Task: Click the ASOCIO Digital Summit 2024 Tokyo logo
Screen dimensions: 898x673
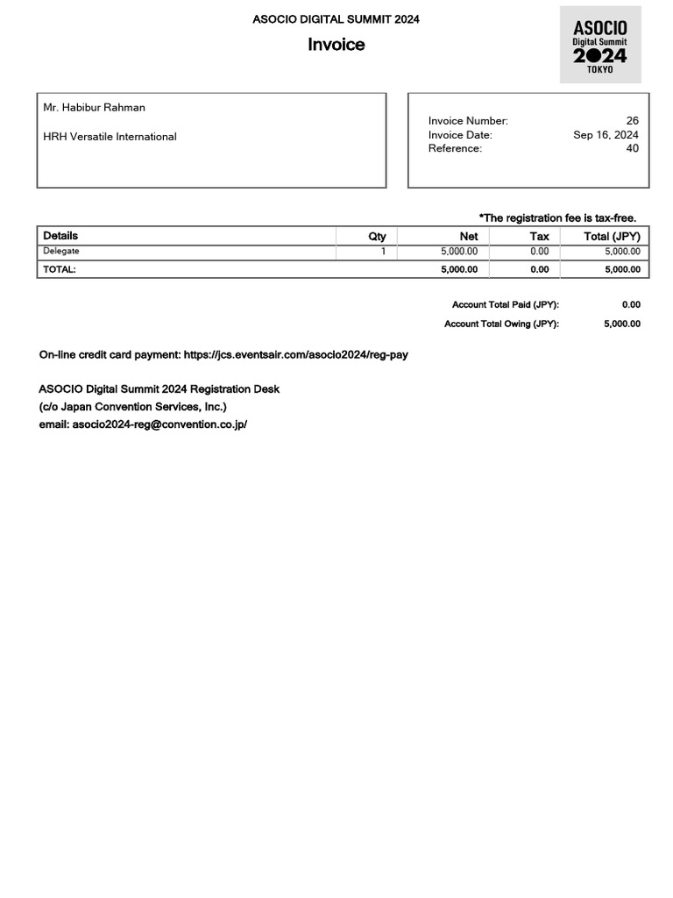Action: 600,45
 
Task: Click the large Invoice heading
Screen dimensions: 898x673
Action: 336,45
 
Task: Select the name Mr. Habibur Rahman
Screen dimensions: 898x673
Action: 95,108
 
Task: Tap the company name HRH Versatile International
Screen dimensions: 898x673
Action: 110,137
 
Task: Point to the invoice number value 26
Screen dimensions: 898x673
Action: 632,121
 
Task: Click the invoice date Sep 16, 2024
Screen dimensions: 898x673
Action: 606,135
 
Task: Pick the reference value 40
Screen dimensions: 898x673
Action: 632,148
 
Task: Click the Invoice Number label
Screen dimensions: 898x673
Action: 468,121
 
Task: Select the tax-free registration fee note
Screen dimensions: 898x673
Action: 557,217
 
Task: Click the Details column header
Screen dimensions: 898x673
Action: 60,236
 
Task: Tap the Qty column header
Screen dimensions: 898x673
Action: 377,236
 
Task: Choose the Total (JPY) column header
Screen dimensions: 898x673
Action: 612,236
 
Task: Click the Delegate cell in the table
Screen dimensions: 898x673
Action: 61,252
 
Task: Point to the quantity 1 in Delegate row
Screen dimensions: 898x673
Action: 383,252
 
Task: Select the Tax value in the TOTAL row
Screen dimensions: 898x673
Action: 539,270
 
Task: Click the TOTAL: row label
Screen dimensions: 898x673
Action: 60,270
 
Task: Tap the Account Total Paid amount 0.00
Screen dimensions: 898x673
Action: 631,305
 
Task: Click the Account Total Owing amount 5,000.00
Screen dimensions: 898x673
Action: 622,324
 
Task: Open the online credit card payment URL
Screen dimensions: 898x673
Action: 295,355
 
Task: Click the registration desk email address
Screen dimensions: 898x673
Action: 159,424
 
